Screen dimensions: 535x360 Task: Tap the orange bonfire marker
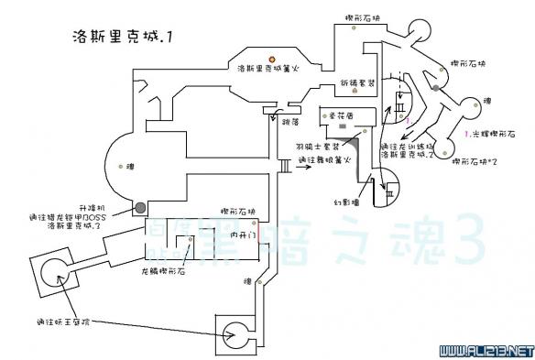coord(271,59)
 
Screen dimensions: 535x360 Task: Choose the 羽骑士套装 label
coord(314,146)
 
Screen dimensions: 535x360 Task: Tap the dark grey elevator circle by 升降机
coord(139,205)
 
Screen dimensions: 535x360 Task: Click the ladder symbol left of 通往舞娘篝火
coord(284,166)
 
